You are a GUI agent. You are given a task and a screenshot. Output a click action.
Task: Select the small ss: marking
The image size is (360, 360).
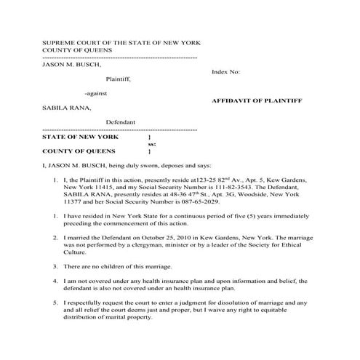coord(152,144)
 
